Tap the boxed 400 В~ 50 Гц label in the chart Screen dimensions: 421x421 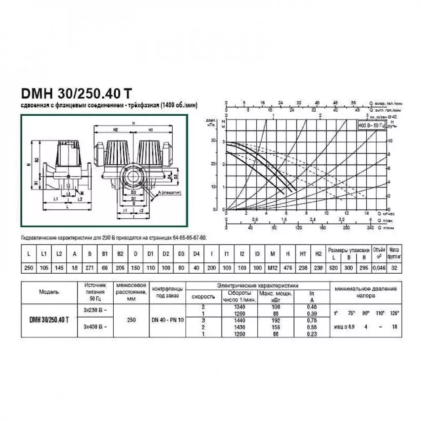[371, 126]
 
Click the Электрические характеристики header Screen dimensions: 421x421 [258, 285]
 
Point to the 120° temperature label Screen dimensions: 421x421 [394, 314]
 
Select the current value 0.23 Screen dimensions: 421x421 [312, 333]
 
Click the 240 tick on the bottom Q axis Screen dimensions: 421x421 [370, 228]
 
